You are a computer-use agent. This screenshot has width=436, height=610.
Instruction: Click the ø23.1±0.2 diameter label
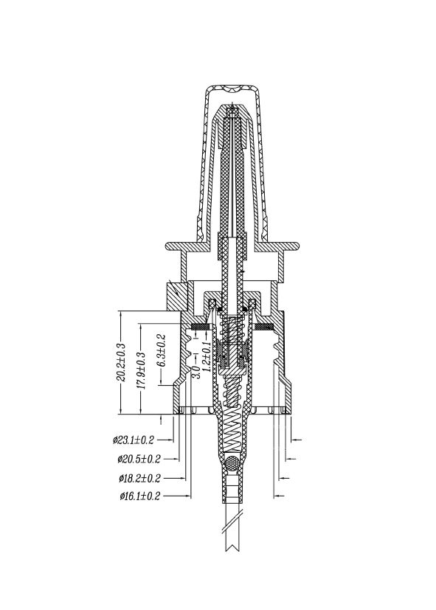click(134, 440)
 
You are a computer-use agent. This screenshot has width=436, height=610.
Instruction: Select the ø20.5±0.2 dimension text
click(139, 459)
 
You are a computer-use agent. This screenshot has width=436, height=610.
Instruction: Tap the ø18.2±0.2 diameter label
click(139, 478)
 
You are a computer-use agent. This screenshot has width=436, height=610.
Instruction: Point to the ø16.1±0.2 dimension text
click(140, 496)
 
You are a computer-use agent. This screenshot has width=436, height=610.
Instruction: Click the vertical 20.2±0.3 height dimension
click(120, 362)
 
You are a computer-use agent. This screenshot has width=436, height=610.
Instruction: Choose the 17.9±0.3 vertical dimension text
click(141, 370)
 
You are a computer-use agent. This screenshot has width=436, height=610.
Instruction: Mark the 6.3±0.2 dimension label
click(161, 350)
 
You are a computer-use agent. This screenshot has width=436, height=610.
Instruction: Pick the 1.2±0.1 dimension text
click(207, 356)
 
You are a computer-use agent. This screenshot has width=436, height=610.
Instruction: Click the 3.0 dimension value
click(196, 372)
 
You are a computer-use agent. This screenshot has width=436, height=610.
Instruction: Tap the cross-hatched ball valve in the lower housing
click(232, 463)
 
